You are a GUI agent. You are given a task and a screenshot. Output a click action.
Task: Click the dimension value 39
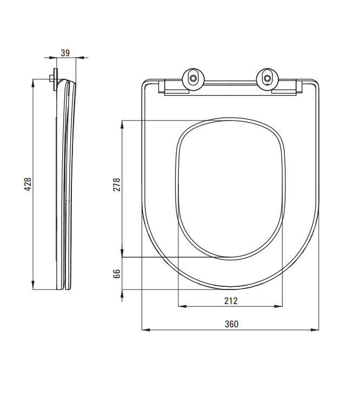(x=65, y=53)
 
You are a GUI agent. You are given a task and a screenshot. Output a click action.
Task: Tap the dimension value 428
(x=28, y=184)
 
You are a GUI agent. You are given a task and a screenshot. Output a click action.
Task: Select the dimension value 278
(x=117, y=185)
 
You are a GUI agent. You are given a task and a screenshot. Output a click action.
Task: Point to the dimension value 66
(x=117, y=274)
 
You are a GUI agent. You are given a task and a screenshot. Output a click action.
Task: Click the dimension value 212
(x=231, y=301)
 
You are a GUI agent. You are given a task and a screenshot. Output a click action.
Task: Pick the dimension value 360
(x=231, y=324)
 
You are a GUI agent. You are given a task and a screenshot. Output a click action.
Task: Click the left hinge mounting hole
(x=193, y=78)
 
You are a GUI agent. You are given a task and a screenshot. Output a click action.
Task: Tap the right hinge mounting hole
(x=268, y=78)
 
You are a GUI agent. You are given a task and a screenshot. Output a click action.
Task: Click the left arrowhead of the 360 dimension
(x=146, y=329)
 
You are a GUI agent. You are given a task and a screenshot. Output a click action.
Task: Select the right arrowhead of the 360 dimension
(x=315, y=329)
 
